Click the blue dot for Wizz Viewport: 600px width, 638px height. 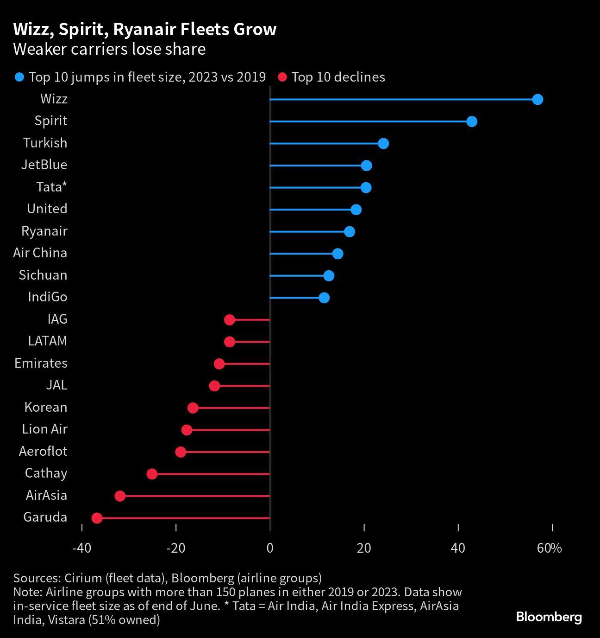coord(537,99)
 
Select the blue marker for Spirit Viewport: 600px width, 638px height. coord(471,121)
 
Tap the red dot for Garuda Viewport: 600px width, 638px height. coord(97,518)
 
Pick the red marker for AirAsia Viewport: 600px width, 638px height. coord(120,496)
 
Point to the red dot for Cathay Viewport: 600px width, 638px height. coord(152,474)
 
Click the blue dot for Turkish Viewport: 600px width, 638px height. coord(383,143)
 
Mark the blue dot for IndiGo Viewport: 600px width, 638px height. coord(324,298)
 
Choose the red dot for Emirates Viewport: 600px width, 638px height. coord(219,364)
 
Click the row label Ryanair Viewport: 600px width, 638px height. coord(44,231)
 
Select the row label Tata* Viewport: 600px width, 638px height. coord(52,187)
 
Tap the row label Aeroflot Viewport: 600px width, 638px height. coord(43,451)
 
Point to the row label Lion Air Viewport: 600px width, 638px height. coord(44,429)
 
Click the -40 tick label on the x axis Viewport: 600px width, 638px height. coord(81,548)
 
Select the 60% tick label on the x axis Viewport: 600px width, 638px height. coord(550,548)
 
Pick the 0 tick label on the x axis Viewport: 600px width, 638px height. coord(270,548)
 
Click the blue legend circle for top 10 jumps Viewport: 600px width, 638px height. coord(19,77)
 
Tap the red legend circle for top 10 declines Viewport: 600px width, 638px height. coord(282,77)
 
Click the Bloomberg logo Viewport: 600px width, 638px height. coord(549,617)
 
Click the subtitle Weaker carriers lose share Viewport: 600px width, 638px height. coord(109,49)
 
